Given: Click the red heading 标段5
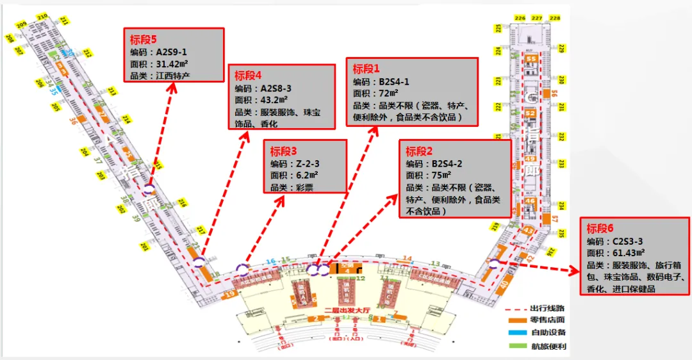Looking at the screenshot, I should click(144, 40).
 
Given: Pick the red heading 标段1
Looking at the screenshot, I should click(367, 69).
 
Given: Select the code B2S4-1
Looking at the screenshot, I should click(393, 82).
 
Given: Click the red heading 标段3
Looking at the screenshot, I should click(284, 152).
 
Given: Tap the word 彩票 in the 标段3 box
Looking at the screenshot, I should click(304, 187).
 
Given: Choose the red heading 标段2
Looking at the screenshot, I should click(420, 152).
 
